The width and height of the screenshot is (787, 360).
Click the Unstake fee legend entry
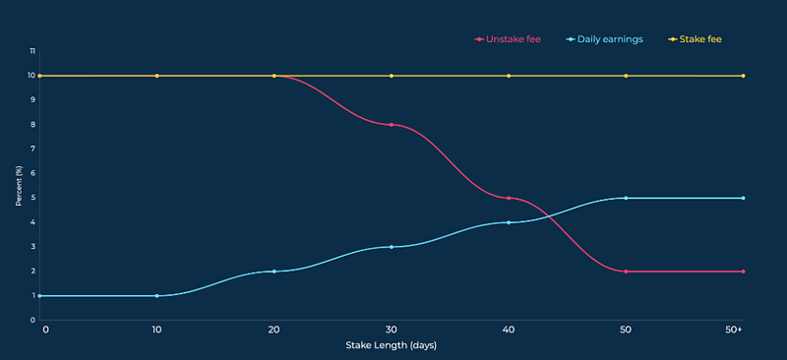click(508, 39)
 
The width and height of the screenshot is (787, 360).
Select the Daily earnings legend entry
click(604, 39)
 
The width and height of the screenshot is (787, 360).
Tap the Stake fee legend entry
click(695, 39)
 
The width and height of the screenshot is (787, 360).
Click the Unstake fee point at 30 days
click(392, 125)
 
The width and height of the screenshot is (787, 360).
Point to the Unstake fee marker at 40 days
click(509, 198)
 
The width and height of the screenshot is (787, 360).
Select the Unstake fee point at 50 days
click(626, 271)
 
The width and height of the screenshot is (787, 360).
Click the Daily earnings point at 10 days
click(157, 296)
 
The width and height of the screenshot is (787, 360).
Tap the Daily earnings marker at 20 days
click(274, 271)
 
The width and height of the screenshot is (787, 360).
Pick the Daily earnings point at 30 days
click(392, 247)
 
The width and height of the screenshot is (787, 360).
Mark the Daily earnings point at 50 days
click(626, 198)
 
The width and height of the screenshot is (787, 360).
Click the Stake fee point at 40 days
click(509, 76)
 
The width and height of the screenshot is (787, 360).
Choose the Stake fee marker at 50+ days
click(744, 76)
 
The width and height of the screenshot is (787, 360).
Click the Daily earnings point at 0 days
click(39, 296)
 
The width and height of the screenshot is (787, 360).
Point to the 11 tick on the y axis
click(32, 51)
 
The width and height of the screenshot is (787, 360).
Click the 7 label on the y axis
click(32, 150)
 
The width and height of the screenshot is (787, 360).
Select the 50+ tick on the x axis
click(734, 330)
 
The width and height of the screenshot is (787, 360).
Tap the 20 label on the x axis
click(274, 330)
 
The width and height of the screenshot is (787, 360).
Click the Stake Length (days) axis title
click(391, 345)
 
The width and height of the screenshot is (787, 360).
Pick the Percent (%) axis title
click(19, 185)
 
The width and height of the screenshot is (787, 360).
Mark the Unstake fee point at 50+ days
click(744, 271)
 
